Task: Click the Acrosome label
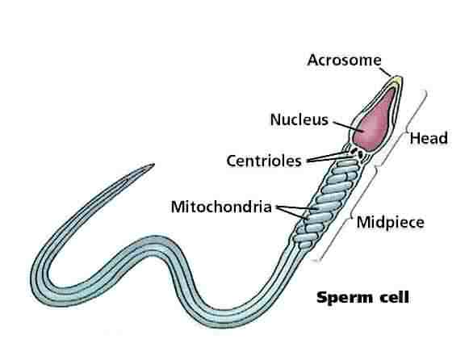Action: coord(344,60)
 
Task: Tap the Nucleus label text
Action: coord(299,119)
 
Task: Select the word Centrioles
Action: coord(264,161)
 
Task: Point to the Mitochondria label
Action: coord(221,207)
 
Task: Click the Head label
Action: coord(429,138)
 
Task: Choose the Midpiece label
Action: coord(391,223)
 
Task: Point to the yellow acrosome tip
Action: coord(397,81)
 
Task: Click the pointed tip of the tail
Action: coord(153,164)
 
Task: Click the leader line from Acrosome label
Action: coord(386,72)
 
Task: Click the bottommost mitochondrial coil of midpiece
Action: coord(305,245)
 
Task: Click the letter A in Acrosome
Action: coord(312,60)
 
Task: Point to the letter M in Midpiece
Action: coord(363,222)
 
